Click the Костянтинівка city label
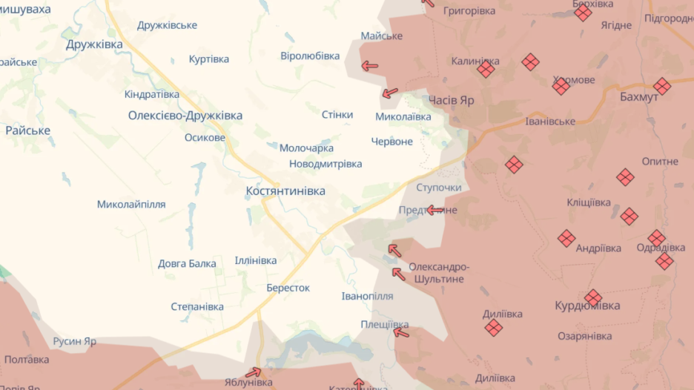[285, 191]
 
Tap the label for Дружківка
[94, 44]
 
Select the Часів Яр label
[451, 100]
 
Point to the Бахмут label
[639, 97]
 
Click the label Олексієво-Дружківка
[185, 116]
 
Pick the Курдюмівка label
[588, 305]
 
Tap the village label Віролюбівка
[310, 56]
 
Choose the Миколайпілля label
[131, 205]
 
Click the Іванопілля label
[367, 296]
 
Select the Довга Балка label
[187, 263]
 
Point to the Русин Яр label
[74, 342]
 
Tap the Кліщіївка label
[589, 202]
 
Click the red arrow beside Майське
[369, 66]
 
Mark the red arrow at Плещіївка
[401, 333]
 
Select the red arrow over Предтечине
[435, 211]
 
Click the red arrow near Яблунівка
[254, 372]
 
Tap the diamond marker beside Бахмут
[662, 87]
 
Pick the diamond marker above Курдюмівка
[592, 298]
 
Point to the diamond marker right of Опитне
[625, 177]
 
